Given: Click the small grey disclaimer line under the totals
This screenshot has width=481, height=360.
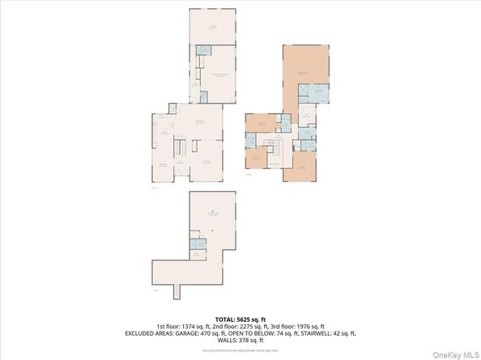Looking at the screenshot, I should pyautogui.click(x=240, y=349).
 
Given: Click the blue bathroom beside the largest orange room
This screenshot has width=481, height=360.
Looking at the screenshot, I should pyautogui.click(x=318, y=95).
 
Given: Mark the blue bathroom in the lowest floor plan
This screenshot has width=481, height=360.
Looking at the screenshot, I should pyautogui.click(x=195, y=244).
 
